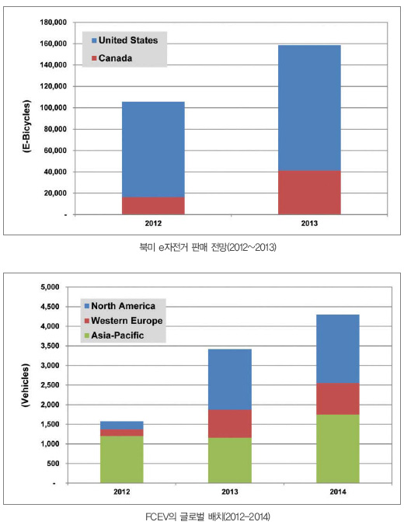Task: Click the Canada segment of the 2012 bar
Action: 153,206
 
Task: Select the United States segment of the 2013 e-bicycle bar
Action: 309,108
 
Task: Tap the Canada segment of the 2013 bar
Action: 309,193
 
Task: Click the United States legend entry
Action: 124,40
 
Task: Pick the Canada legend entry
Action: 112,58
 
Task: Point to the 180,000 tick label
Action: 53,23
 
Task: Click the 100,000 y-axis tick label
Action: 53,108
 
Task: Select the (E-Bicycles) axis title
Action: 26,127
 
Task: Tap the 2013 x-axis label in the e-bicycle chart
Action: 309,223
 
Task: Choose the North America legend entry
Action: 120,306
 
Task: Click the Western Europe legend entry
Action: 124,321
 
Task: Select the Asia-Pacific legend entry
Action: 114,336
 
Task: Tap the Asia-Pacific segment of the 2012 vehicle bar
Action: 121,460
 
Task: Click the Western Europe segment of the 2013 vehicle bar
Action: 230,424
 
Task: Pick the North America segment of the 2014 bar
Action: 338,349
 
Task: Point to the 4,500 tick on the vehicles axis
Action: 50,307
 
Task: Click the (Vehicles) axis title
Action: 26,385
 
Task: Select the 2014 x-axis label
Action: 338,492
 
